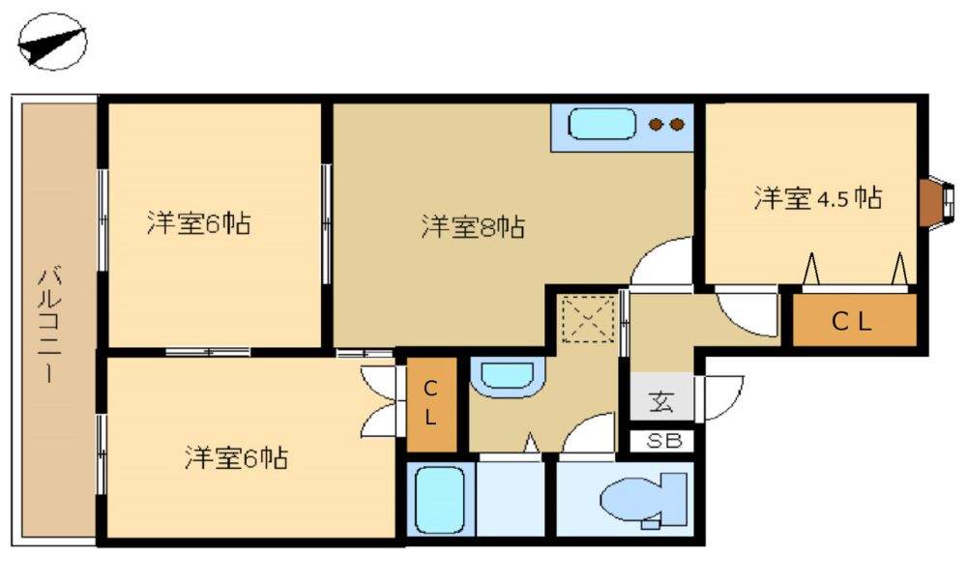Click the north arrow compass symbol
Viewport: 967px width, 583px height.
(52, 42)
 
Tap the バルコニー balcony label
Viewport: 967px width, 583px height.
(49, 324)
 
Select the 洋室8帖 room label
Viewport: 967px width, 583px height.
(473, 227)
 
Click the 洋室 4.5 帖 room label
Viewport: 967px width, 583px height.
(818, 198)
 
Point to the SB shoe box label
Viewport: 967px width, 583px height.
(664, 441)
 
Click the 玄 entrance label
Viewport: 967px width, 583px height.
(661, 402)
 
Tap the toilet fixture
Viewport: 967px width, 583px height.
(644, 500)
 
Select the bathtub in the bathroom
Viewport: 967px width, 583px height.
(440, 500)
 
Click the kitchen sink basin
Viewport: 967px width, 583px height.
(601, 125)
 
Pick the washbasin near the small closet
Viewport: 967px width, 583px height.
(507, 376)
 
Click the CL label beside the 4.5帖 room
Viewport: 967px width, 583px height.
(852, 321)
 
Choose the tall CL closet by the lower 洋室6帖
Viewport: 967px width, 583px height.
(431, 404)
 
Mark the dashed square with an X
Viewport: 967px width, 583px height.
(588, 319)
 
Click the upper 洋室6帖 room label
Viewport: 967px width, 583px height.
(198, 223)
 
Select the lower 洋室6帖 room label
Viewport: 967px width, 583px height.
(236, 458)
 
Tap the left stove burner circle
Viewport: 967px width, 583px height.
(657, 125)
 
